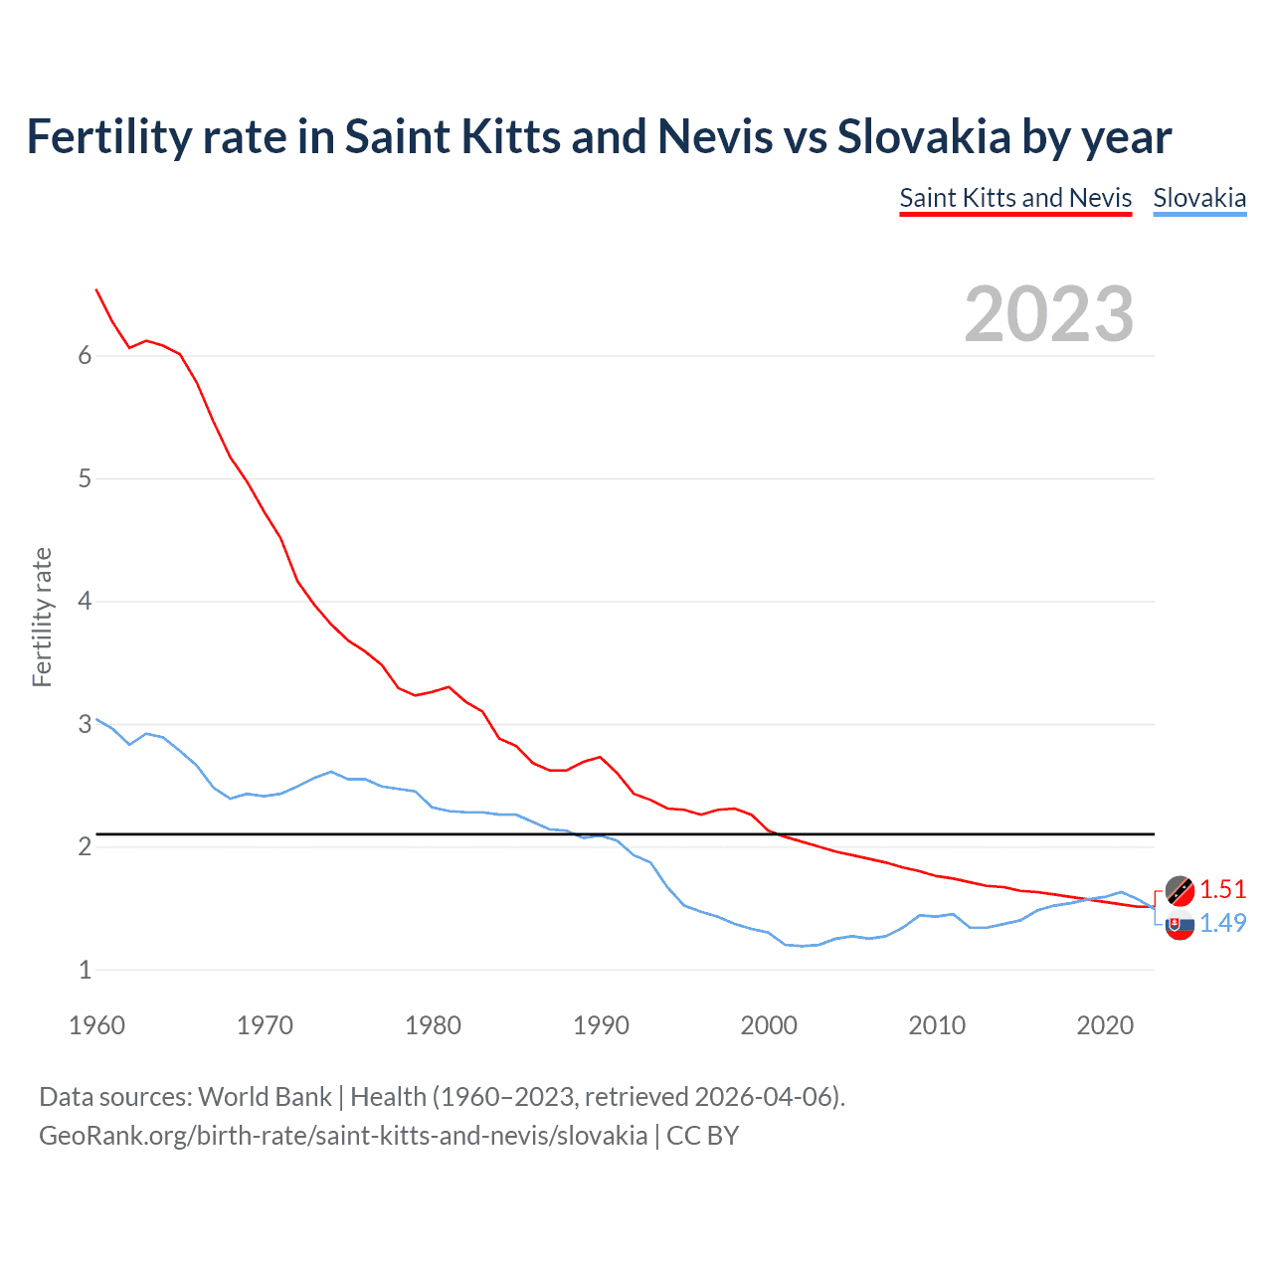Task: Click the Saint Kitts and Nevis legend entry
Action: point(1015,198)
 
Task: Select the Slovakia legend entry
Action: point(1199,198)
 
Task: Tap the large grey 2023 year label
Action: point(1049,314)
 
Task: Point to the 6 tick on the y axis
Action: point(85,356)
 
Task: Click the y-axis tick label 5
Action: point(85,478)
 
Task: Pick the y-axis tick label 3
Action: point(85,724)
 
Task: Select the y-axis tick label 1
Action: point(85,970)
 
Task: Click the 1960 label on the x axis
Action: point(96,1025)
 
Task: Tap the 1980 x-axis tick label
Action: point(433,1025)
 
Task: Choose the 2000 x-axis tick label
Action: point(769,1025)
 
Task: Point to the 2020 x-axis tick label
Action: point(1105,1025)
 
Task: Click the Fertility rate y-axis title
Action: point(42,617)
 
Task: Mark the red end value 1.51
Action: point(1222,889)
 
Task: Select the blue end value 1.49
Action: point(1222,923)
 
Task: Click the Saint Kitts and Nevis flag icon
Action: point(1180,890)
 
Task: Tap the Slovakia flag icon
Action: point(1180,926)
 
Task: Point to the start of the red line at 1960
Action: point(96,289)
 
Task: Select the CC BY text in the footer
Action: point(702,1136)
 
